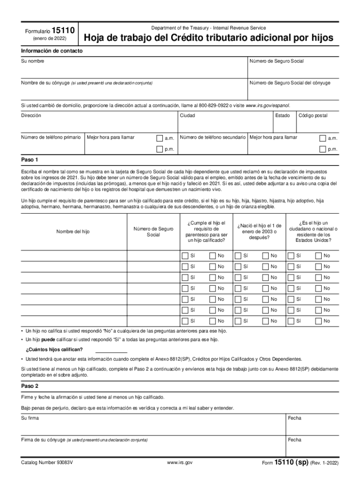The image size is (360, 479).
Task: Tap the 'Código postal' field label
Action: [x=313, y=115]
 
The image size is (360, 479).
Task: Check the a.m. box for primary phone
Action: [x=159, y=138]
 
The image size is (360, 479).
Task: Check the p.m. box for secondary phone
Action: [x=322, y=149]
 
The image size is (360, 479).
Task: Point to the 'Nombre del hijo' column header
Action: [x=73, y=232]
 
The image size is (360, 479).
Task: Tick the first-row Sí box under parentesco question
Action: [x=184, y=255]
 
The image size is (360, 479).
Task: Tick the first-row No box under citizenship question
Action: [x=318, y=255]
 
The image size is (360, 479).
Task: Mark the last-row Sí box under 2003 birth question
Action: [x=238, y=321]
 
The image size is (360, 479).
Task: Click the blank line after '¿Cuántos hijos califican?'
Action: [x=111, y=349]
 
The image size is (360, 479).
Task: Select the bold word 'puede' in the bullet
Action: [x=50, y=340]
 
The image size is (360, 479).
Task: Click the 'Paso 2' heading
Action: [x=29, y=386]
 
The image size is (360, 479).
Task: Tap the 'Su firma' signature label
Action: [x=30, y=418]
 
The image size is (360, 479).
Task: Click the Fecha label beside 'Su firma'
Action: [x=295, y=418]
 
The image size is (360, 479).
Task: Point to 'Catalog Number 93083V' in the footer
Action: [x=47, y=463]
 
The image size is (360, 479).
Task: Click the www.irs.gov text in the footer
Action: [x=180, y=463]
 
